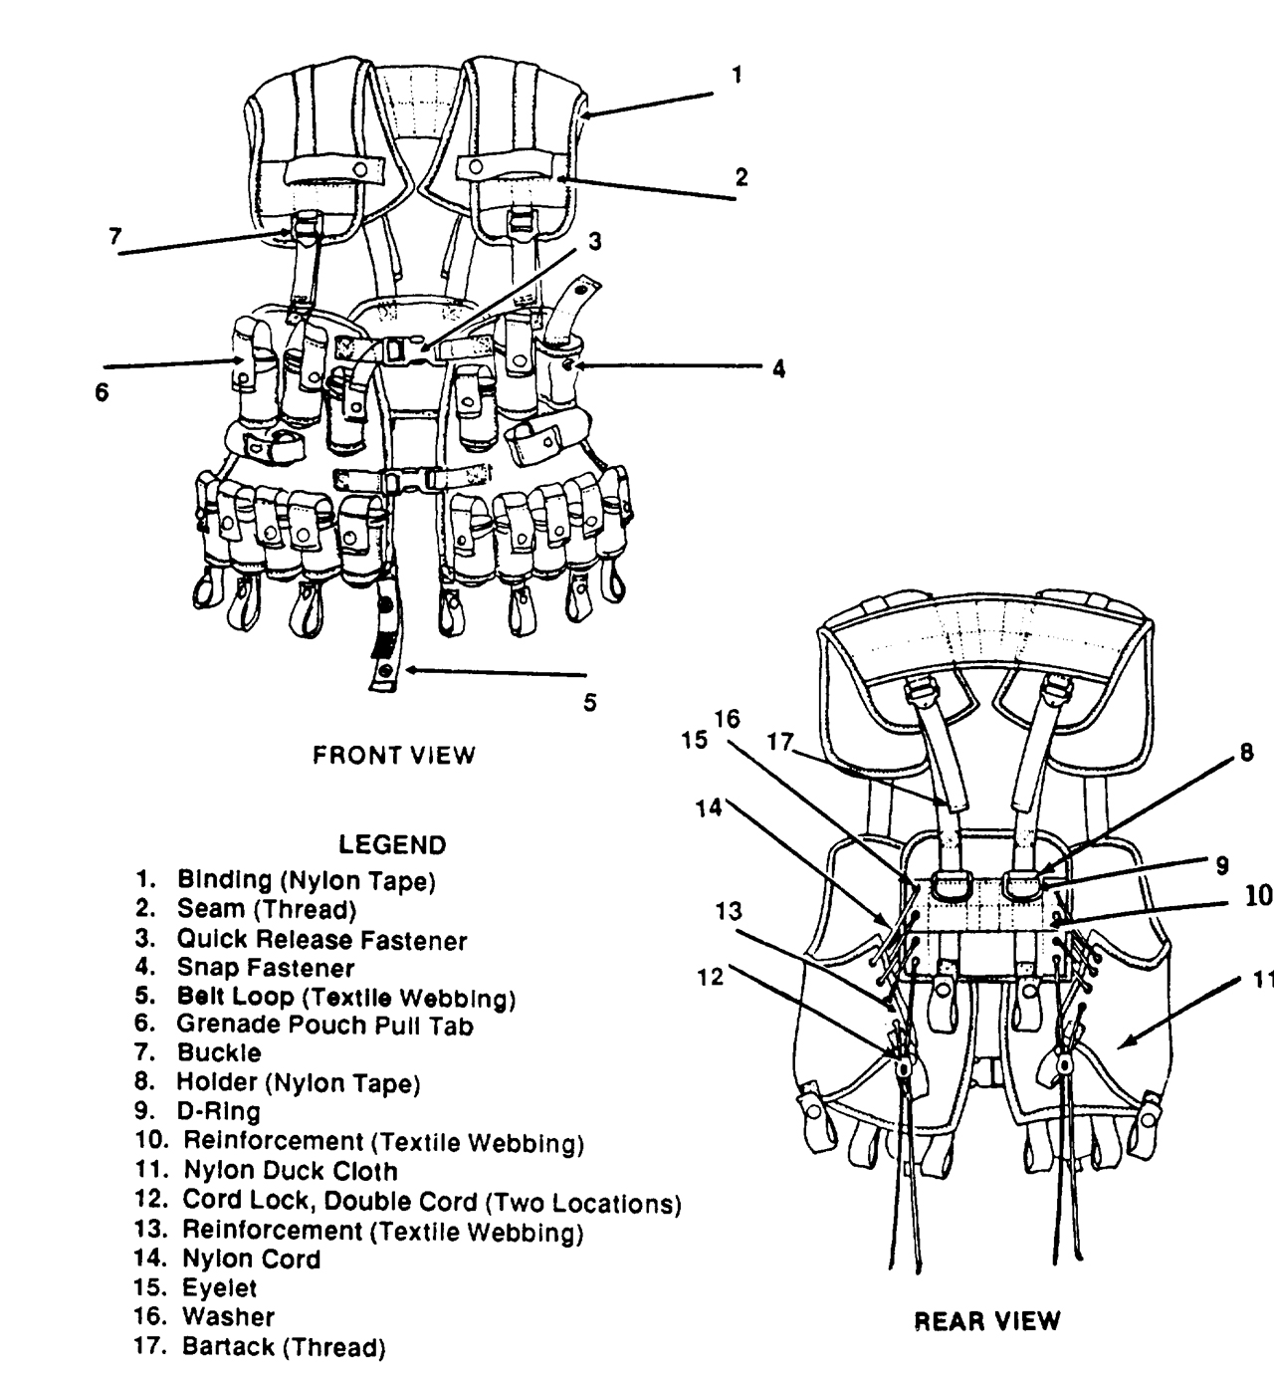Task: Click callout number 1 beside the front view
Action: (x=736, y=75)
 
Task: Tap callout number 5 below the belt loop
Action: (x=590, y=703)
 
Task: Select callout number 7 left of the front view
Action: (x=115, y=236)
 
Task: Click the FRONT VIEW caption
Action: (x=394, y=756)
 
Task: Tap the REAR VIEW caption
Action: (x=987, y=1321)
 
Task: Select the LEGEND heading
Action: (x=392, y=845)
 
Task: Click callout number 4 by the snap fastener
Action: (x=778, y=369)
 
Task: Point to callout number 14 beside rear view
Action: (x=708, y=809)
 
